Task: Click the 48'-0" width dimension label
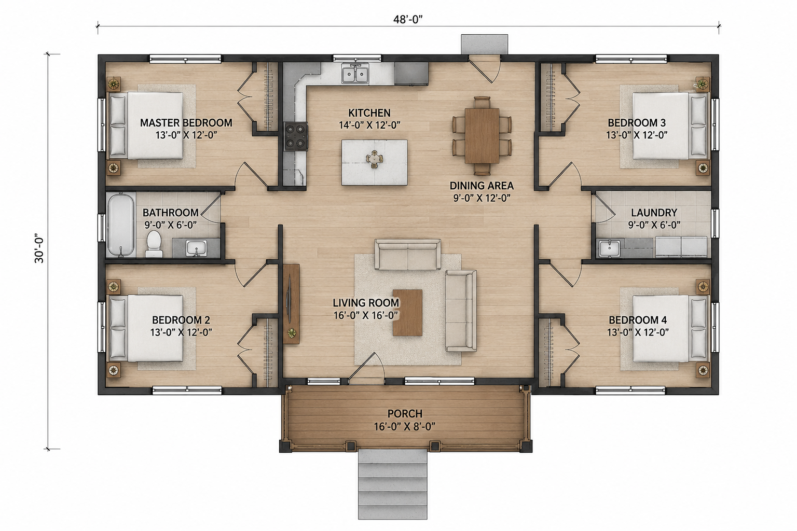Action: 408,19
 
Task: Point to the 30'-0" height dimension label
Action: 39,248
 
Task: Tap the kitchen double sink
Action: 355,74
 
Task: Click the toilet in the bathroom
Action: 154,244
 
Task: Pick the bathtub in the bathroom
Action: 120,225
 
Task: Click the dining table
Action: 482,135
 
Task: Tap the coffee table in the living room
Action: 407,313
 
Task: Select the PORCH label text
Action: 405,414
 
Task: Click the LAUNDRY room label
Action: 654,213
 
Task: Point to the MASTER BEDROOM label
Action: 186,123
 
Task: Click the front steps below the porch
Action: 392,489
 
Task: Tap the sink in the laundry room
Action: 609,248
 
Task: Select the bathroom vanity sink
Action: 196,247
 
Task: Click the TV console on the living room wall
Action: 291,304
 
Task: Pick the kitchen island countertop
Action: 374,162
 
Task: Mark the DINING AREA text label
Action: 482,186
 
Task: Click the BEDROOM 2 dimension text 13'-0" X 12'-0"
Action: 181,332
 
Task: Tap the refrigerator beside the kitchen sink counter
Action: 411,74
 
